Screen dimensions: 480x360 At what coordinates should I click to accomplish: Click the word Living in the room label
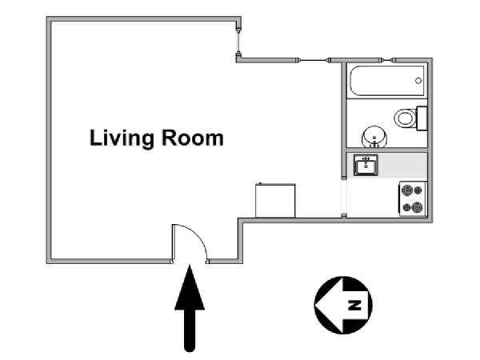[x=122, y=138]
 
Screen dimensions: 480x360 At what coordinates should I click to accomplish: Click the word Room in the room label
[x=193, y=138]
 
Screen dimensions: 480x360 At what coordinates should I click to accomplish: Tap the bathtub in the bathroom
[x=387, y=81]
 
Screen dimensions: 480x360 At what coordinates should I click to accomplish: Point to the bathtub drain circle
[x=418, y=81]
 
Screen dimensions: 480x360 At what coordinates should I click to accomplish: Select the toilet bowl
[x=405, y=118]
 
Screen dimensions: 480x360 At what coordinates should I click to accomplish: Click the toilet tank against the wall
[x=422, y=118]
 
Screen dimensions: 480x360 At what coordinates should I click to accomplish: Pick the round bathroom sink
[x=374, y=137]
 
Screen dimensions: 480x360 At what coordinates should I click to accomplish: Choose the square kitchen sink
[x=366, y=165]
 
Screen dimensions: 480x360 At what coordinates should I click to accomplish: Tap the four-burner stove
[x=413, y=199]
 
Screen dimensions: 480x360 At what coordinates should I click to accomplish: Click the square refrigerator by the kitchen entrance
[x=275, y=201]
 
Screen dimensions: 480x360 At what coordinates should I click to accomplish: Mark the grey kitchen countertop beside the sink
[x=402, y=166]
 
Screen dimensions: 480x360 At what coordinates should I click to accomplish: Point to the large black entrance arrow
[x=190, y=308]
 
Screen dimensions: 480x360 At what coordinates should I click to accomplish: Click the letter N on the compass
[x=354, y=306]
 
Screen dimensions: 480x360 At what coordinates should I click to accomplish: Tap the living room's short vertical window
[x=238, y=42]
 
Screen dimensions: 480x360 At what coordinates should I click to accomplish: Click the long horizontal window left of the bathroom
[x=313, y=60]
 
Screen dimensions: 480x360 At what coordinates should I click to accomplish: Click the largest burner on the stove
[x=407, y=190]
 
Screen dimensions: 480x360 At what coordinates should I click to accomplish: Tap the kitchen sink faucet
[x=366, y=160]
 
